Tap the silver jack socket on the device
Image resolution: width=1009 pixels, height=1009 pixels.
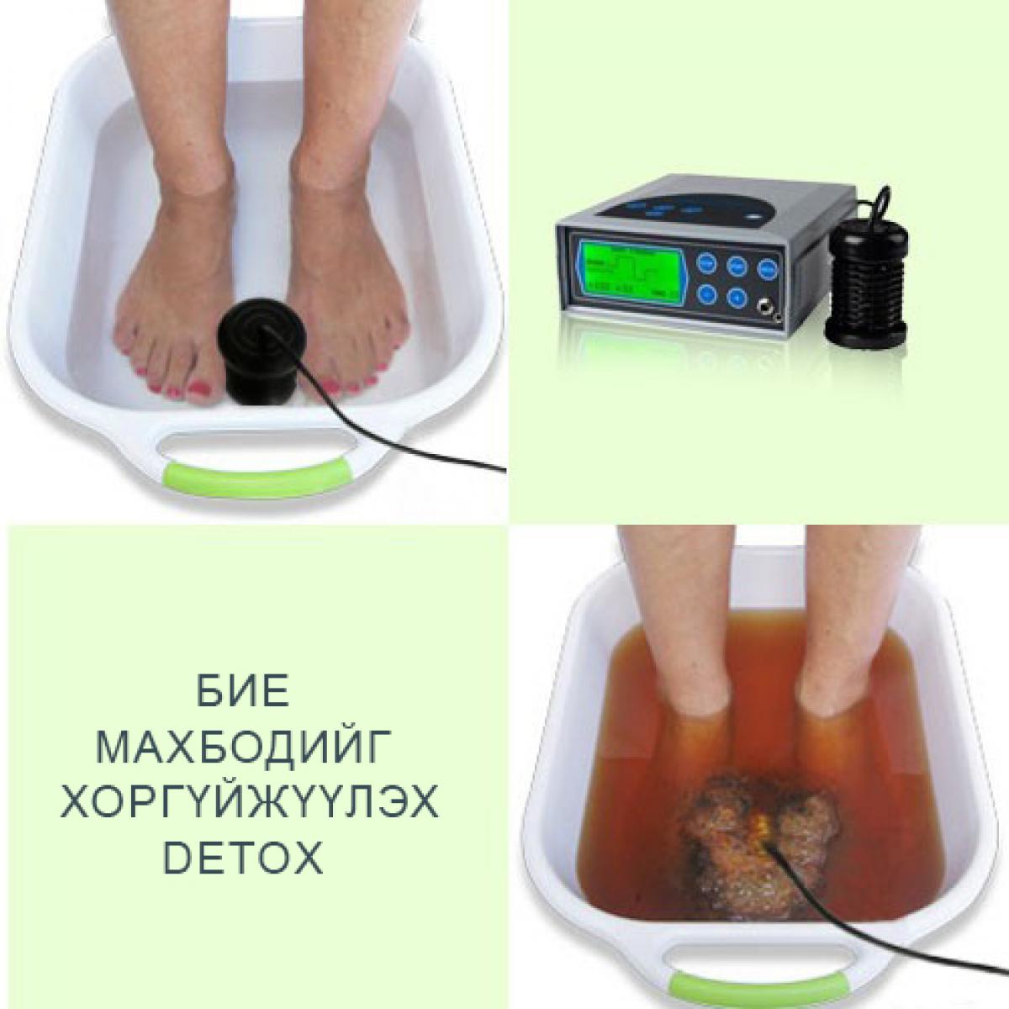[768, 307]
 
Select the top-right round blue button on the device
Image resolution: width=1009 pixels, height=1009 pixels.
[766, 269]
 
